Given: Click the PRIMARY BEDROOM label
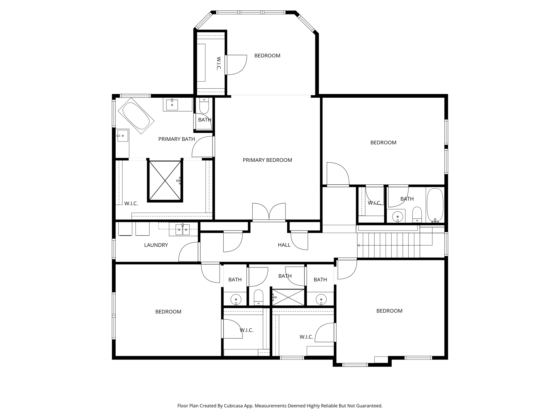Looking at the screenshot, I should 267,160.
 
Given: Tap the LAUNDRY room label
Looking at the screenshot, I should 156,245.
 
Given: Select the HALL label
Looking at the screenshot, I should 284,245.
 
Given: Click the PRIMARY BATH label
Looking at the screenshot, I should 176,139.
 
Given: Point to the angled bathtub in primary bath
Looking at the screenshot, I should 136,116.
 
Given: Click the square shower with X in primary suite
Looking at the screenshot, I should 165,180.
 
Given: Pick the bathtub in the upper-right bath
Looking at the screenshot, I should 435,205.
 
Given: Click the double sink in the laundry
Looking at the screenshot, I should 182,229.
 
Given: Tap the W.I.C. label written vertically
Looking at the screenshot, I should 218,63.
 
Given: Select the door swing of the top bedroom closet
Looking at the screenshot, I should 236,65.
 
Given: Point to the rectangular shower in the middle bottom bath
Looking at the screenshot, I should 288,297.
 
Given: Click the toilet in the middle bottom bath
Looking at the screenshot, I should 258,297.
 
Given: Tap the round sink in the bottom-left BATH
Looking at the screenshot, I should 236,299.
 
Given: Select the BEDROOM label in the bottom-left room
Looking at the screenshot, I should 168,312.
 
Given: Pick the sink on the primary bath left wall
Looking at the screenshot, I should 123,136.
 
